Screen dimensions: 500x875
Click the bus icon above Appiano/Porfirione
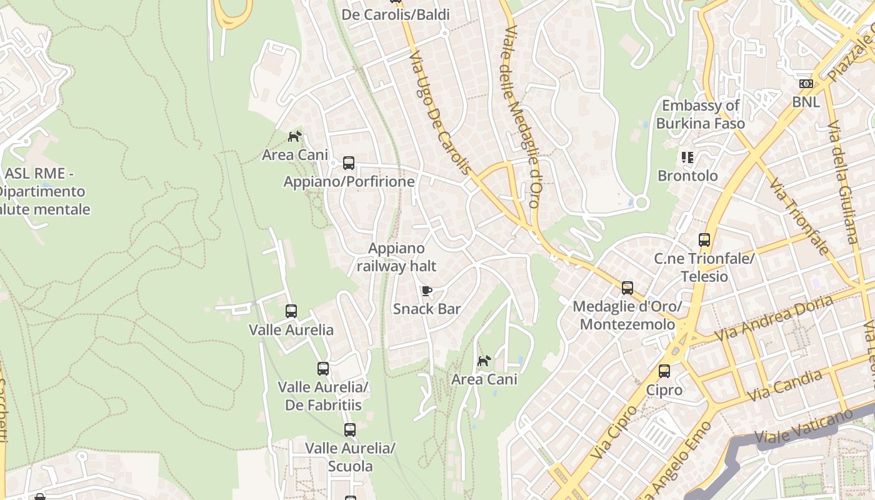tap(349, 163)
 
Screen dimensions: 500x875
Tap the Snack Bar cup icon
tap(427, 291)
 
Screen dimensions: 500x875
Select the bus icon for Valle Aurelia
tap(291, 311)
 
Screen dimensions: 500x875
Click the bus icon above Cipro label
tap(664, 371)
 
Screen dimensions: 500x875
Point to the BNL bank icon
tap(806, 84)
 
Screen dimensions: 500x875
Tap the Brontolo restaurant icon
tap(687, 157)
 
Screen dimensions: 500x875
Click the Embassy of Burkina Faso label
tap(701, 114)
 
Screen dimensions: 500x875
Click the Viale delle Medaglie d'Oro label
tap(521, 112)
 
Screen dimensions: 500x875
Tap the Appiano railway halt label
tap(396, 257)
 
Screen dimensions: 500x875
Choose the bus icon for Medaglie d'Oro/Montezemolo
tap(627, 288)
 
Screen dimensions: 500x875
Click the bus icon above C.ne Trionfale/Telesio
tap(704, 240)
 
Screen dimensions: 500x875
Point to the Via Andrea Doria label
tap(774, 319)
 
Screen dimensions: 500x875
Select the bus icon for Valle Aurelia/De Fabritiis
tap(323, 369)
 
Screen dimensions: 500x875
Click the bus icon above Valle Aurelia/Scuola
tap(350, 430)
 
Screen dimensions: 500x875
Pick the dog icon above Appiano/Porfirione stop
tap(294, 136)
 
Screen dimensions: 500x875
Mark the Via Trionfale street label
tap(799, 216)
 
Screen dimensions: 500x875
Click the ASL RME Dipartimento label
tap(44, 191)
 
